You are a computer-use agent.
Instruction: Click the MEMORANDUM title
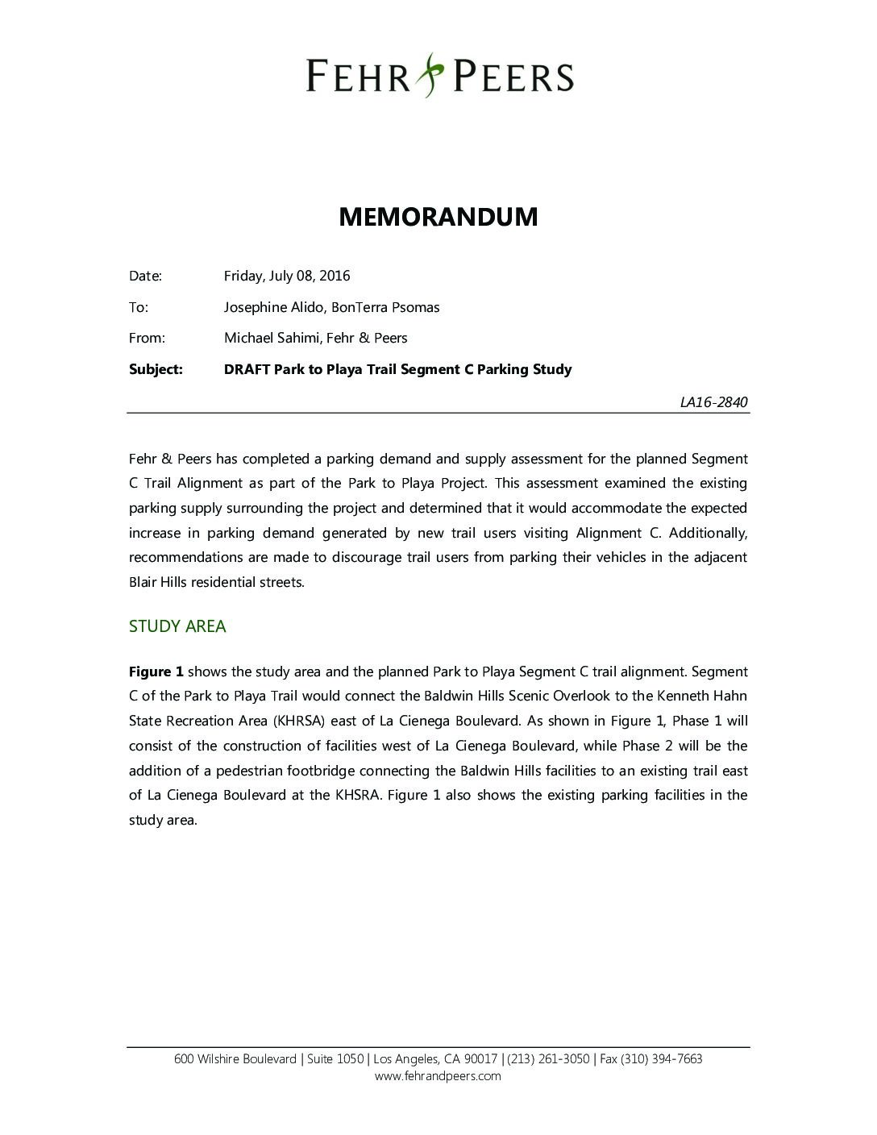(438, 217)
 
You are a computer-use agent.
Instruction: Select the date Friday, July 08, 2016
(287, 276)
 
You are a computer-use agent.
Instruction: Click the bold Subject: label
(156, 369)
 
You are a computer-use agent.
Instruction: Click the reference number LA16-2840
(713, 401)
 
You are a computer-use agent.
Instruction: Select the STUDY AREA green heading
(177, 626)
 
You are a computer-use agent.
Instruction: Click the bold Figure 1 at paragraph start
(156, 671)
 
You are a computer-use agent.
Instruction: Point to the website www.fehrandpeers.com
(438, 1076)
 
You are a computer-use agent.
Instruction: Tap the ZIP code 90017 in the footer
(481, 1059)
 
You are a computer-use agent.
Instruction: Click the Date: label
(145, 276)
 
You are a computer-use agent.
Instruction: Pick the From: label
(147, 338)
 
